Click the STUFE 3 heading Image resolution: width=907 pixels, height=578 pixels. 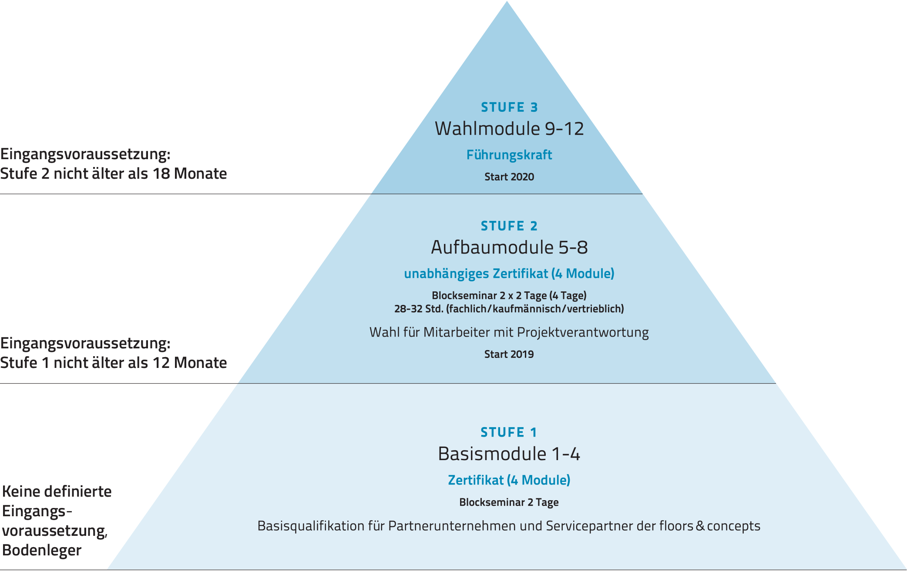[x=509, y=107]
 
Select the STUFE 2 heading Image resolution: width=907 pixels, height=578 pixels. [x=509, y=226]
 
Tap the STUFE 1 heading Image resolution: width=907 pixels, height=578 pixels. [x=509, y=432]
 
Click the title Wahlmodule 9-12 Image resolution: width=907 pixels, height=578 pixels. [x=509, y=129]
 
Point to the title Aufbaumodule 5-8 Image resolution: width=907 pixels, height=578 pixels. [x=509, y=247]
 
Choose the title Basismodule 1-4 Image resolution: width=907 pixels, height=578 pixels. [x=509, y=454]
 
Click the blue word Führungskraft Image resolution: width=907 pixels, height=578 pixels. [x=509, y=155]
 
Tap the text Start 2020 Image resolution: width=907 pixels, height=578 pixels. [x=509, y=177]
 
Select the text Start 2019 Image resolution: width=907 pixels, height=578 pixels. [x=509, y=354]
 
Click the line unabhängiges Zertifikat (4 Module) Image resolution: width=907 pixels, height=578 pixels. [x=509, y=274]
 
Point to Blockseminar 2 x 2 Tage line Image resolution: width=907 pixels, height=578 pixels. [x=509, y=296]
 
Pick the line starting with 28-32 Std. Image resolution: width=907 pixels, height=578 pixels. [x=509, y=309]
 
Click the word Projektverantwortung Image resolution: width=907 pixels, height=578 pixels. [x=583, y=332]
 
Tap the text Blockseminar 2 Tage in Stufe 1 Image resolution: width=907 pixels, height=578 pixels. [x=509, y=502]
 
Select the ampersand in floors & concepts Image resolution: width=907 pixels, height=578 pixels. [x=700, y=526]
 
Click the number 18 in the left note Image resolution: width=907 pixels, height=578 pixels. [x=161, y=174]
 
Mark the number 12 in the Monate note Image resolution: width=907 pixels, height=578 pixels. [x=161, y=363]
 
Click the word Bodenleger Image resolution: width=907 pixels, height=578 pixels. [x=42, y=550]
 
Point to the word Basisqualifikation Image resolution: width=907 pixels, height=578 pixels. [x=311, y=526]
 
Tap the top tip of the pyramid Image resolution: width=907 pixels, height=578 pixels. [x=507, y=3]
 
